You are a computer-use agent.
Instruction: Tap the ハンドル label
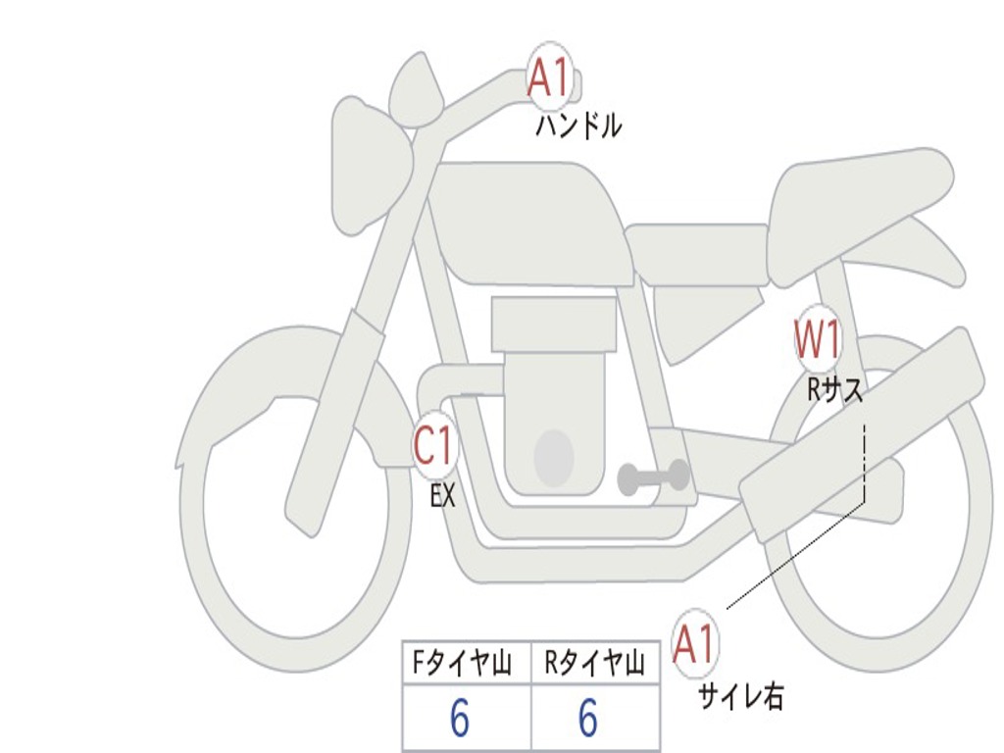click(x=578, y=126)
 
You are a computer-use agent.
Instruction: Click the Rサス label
click(x=835, y=390)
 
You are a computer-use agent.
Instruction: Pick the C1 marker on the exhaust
click(x=434, y=447)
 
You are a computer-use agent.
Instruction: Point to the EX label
click(x=443, y=496)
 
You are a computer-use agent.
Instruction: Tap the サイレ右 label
click(x=741, y=696)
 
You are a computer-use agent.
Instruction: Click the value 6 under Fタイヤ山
click(x=460, y=719)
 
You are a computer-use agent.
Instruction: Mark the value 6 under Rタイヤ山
click(x=587, y=719)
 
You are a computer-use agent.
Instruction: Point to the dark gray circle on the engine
click(x=553, y=457)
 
